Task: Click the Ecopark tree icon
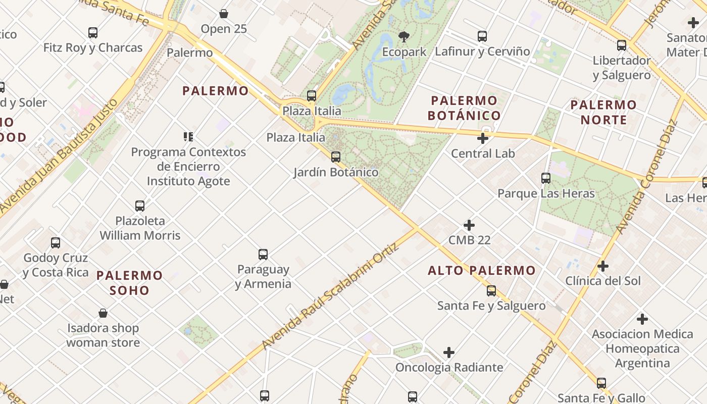tap(403, 36)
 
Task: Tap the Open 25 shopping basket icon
tap(224, 14)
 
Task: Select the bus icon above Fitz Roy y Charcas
tap(93, 33)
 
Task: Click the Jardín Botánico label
tap(336, 172)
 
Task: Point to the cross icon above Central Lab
tap(483, 138)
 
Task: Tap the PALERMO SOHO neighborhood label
tap(130, 283)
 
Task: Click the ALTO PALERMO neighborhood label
tap(481, 270)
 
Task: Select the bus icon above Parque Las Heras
tap(546, 178)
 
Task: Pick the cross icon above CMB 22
tap(469, 225)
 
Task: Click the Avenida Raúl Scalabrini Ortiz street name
tap(330, 296)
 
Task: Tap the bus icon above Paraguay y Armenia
tap(263, 255)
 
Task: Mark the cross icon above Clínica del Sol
tap(602, 266)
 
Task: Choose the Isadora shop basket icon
tap(103, 313)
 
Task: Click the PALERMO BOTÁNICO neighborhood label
tap(464, 108)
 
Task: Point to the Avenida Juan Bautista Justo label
tap(59, 156)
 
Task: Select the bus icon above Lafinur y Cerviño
tap(482, 36)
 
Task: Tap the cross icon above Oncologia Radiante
tap(449, 352)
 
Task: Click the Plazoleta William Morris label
tap(140, 228)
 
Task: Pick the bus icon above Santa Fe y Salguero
tap(491, 291)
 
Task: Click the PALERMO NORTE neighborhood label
tap(603, 112)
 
